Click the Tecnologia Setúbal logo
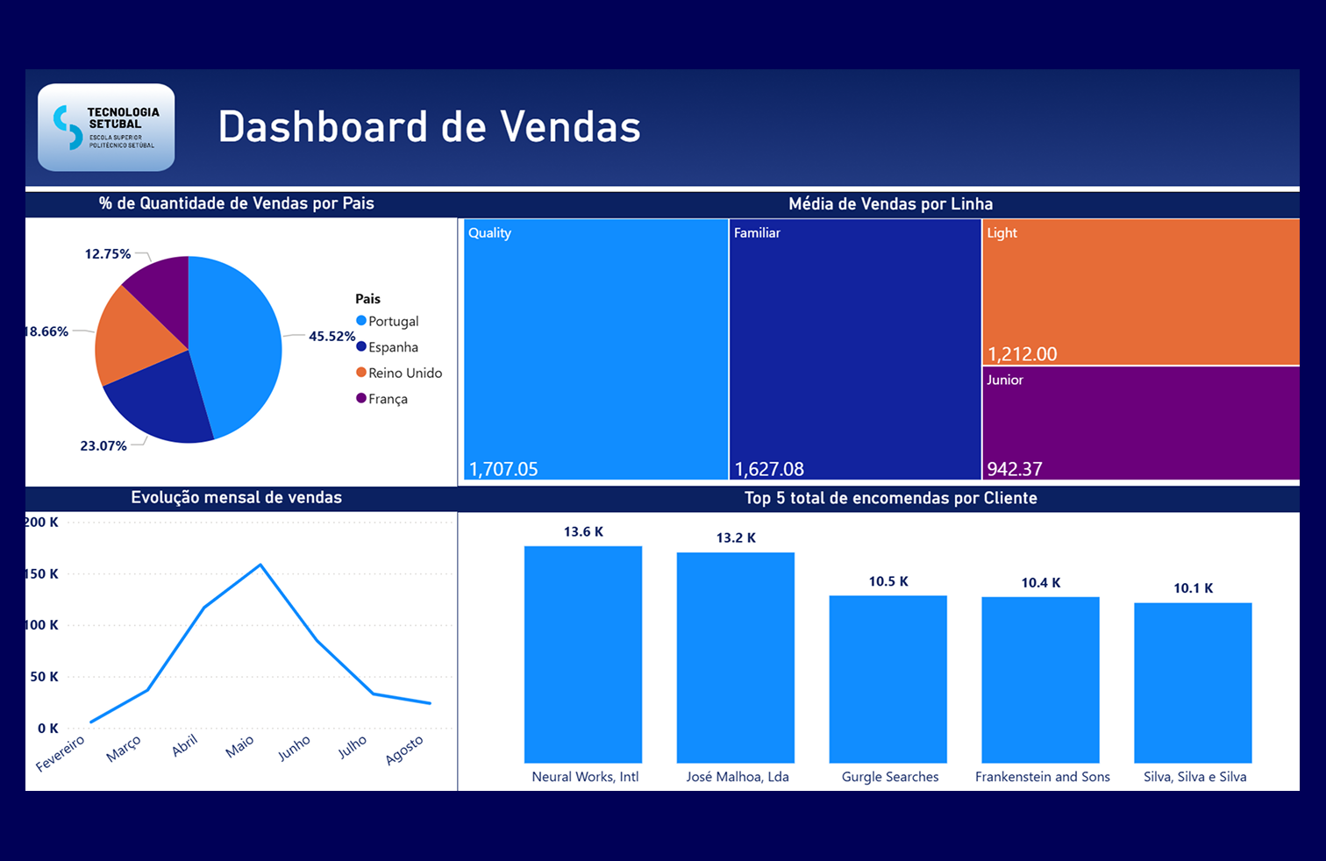[x=106, y=127]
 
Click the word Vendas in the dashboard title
[x=571, y=127]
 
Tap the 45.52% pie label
[x=331, y=336]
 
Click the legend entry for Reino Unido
[x=404, y=373]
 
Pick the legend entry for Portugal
[x=393, y=321]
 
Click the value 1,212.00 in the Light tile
[x=1022, y=354]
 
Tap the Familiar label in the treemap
[x=757, y=232]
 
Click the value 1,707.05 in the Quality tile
[x=503, y=469]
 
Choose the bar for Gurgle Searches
[x=888, y=679]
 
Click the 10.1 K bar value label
[x=1193, y=588]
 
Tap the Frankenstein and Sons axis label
[x=1042, y=777]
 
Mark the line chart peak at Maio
[x=260, y=565]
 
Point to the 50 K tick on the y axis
[x=44, y=677]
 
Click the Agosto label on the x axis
[x=404, y=750]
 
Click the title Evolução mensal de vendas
[x=236, y=497]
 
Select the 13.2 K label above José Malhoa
[x=736, y=537]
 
